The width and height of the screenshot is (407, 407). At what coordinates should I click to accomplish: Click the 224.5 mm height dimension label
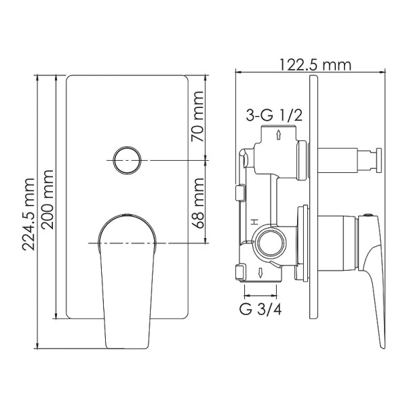pos(29,214)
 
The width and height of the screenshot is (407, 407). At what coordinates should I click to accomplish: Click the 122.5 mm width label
pos(314,64)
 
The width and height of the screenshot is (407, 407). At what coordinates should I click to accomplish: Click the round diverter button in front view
pos(127,160)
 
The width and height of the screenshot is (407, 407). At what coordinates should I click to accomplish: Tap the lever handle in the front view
pos(127,278)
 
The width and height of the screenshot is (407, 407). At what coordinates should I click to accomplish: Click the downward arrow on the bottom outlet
pos(261,272)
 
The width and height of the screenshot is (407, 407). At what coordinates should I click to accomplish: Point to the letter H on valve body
pos(252,222)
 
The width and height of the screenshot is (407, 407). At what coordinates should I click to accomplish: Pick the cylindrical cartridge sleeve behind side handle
pos(337,244)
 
